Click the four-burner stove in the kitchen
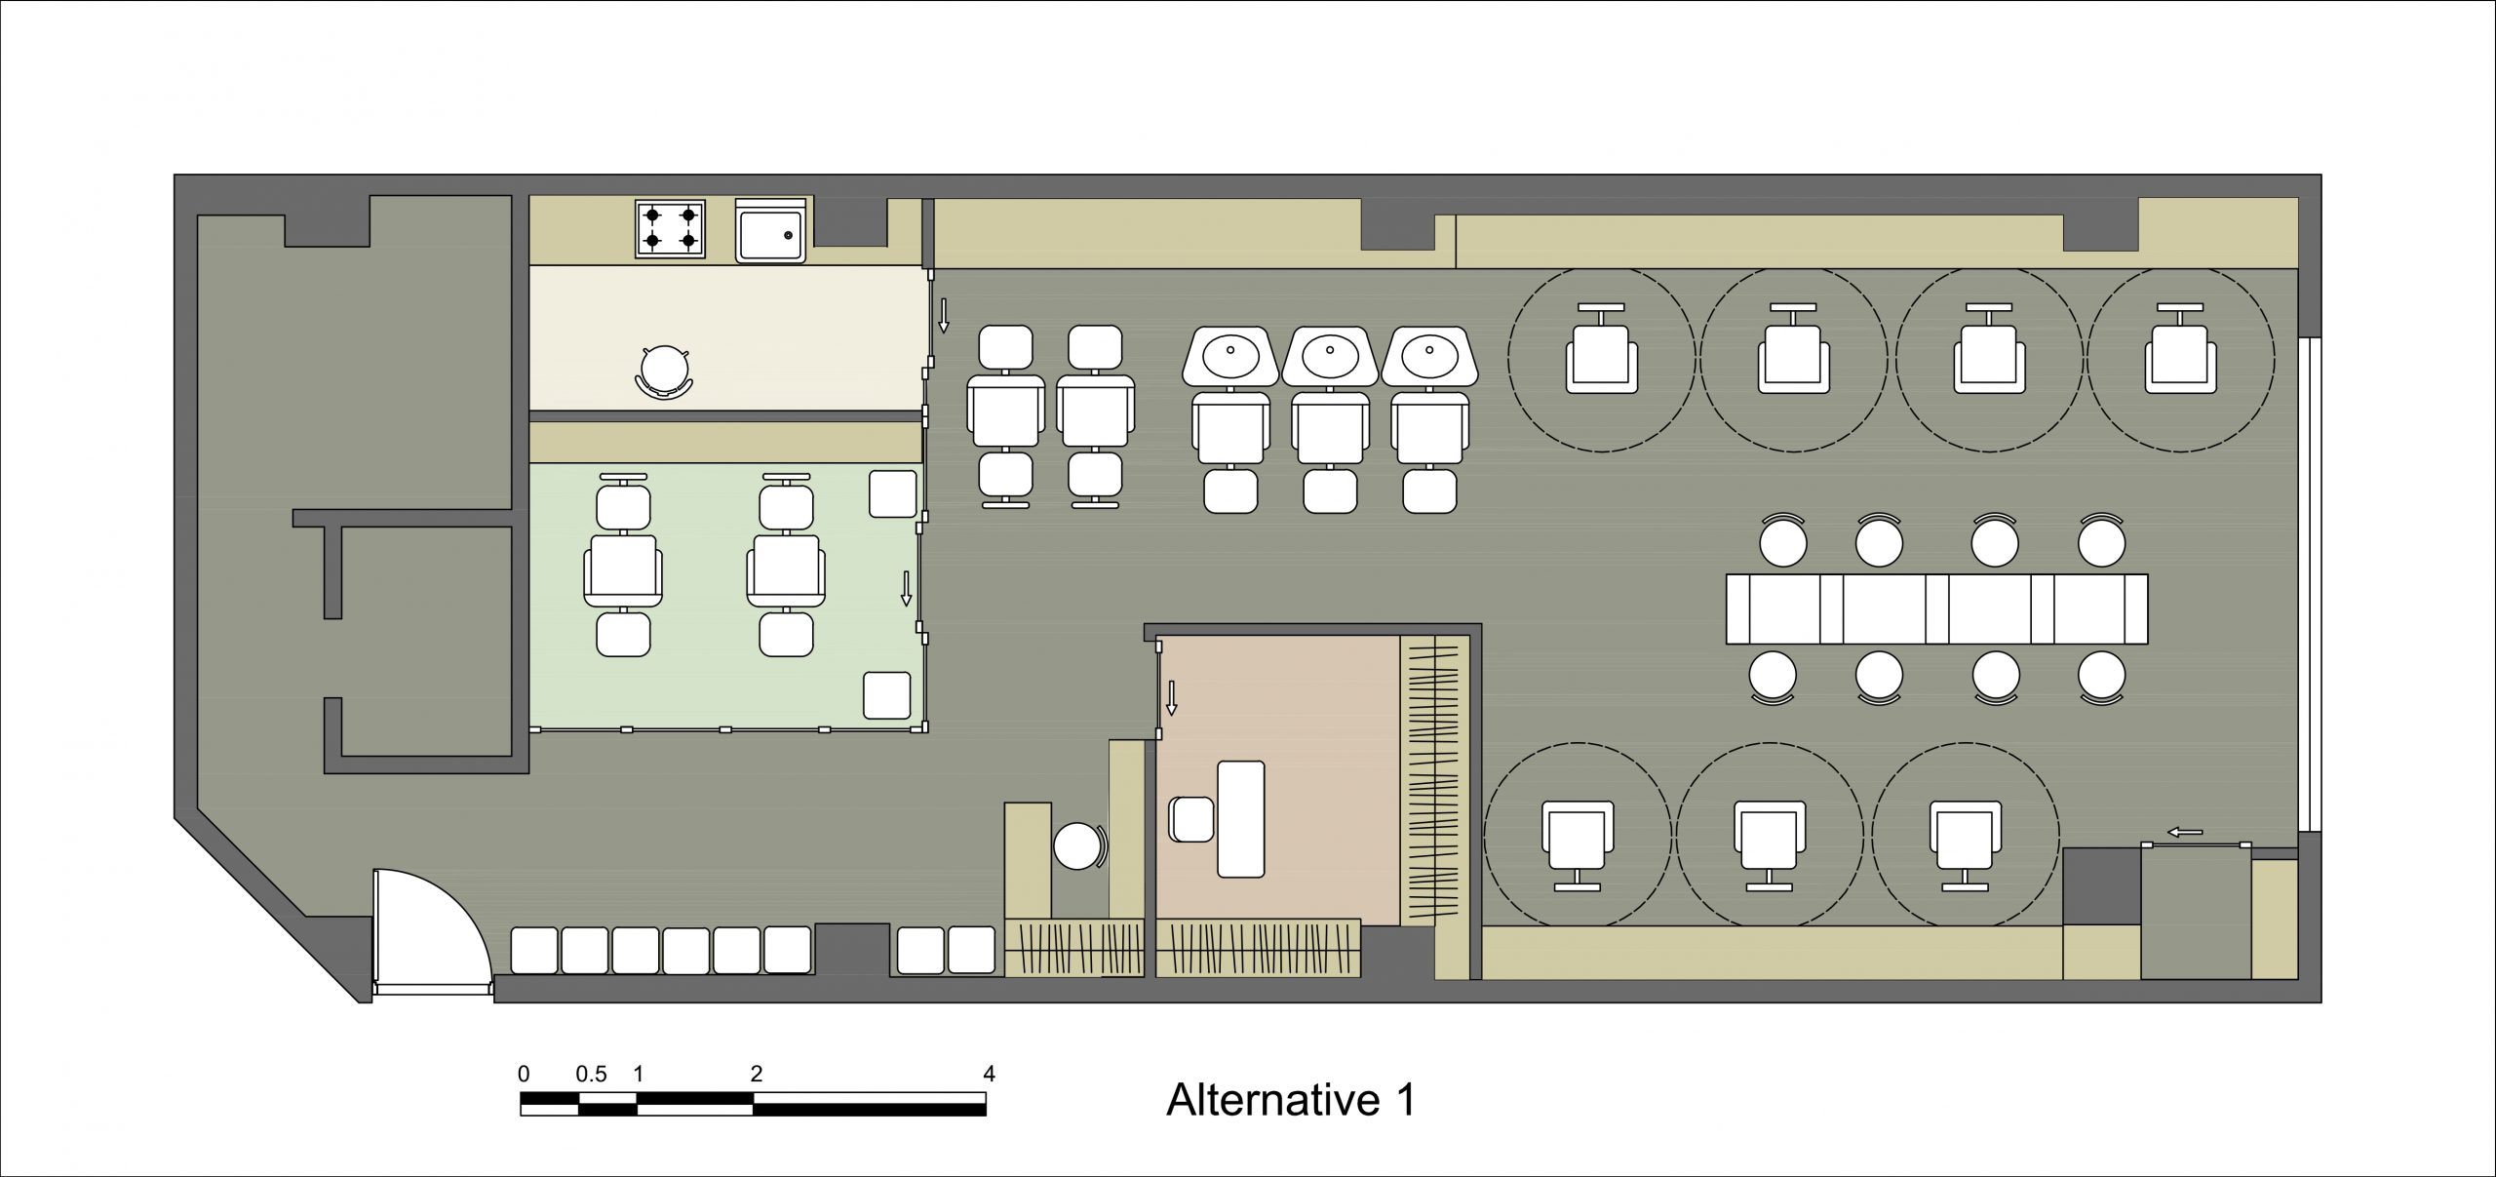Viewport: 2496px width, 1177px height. click(x=670, y=229)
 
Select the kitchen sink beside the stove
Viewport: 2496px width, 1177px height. click(x=770, y=232)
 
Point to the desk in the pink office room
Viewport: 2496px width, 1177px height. click(x=1240, y=819)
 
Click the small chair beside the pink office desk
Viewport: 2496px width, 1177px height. click(x=1191, y=819)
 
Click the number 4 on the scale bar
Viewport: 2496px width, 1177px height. click(x=989, y=1075)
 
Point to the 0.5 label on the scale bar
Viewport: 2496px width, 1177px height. click(x=591, y=1075)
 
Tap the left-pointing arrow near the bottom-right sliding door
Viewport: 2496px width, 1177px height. click(x=2185, y=832)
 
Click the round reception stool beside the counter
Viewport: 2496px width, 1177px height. click(x=1078, y=845)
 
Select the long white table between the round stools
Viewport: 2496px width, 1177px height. click(x=1936, y=609)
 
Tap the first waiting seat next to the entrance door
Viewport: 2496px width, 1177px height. click(x=534, y=950)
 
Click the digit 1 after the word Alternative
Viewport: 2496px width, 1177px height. click(x=1404, y=1100)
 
